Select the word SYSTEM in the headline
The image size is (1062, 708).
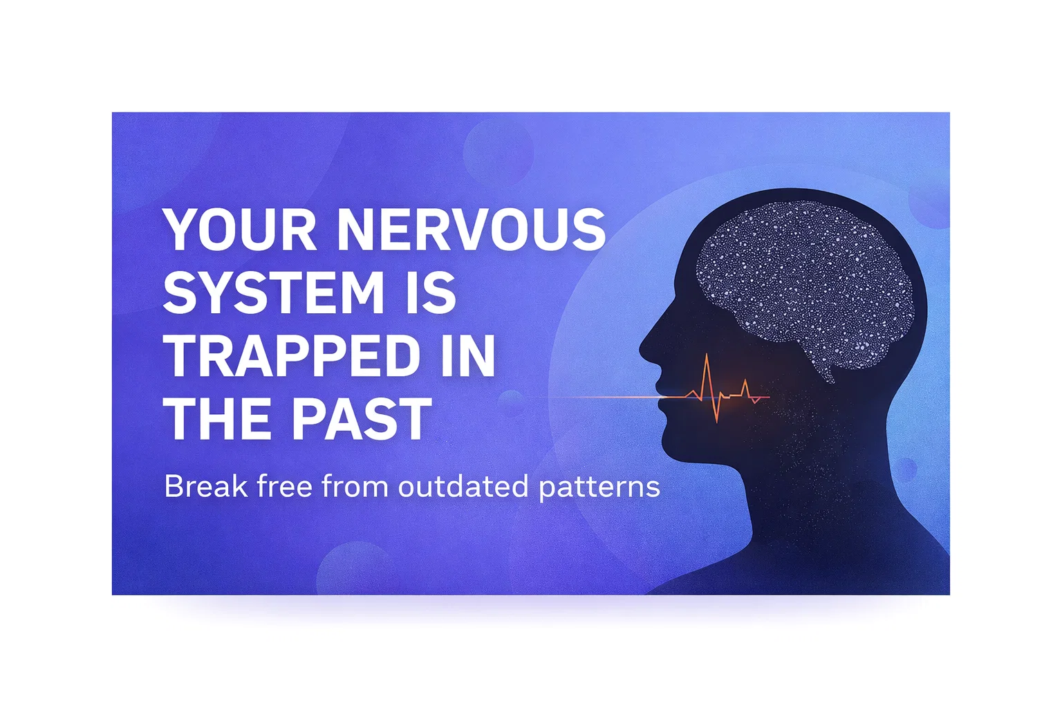(x=273, y=292)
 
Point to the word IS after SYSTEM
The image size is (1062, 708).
(x=431, y=292)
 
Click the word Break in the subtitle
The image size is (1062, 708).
(x=206, y=486)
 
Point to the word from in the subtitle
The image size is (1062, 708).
(x=355, y=486)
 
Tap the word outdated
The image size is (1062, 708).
(x=463, y=486)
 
